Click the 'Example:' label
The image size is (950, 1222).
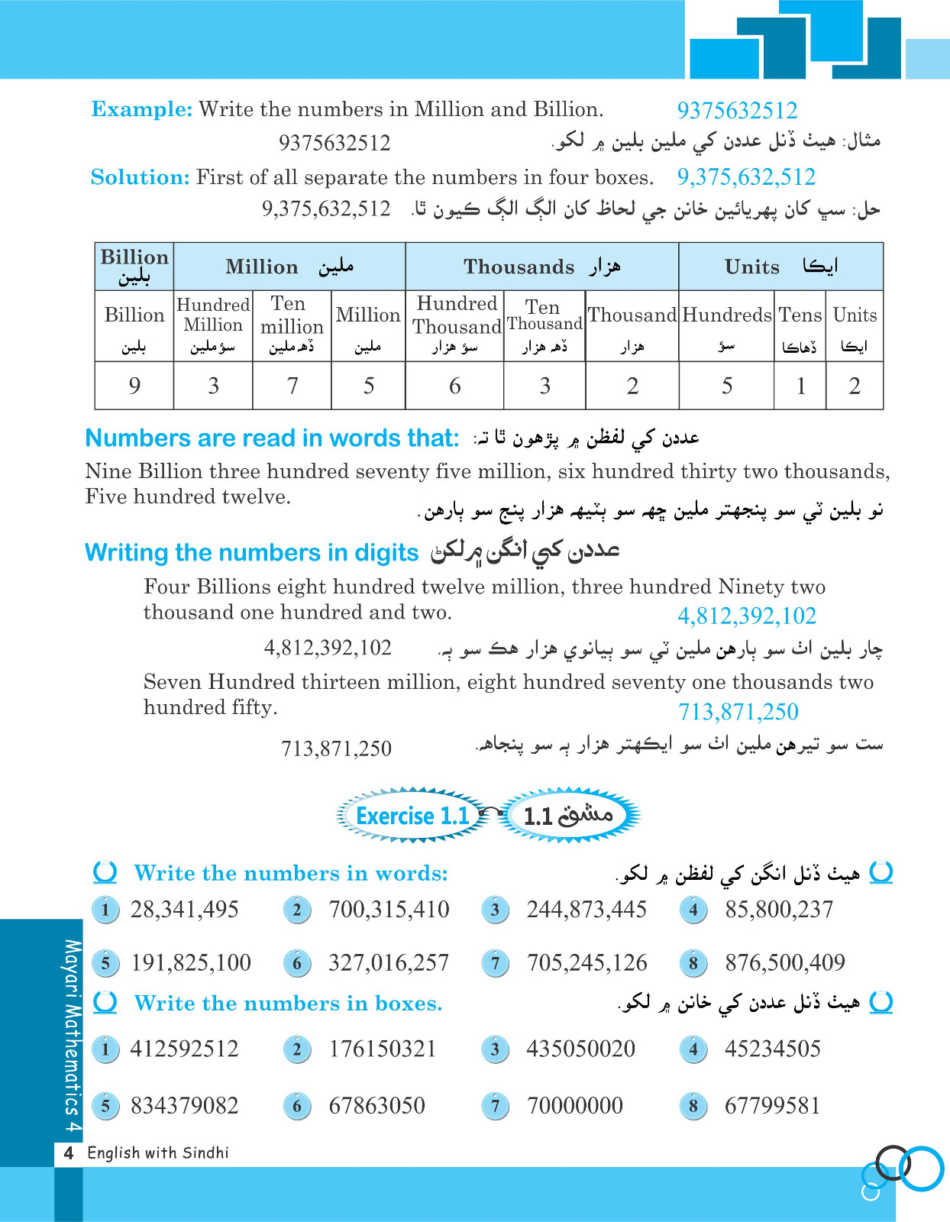[142, 109]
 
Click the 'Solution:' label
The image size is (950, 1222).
[140, 177]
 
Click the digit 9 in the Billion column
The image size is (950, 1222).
[134, 386]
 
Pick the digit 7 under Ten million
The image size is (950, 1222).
[292, 386]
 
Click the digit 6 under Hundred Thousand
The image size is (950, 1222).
[454, 386]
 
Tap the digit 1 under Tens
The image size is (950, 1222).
[800, 386]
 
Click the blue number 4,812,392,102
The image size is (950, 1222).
[747, 616]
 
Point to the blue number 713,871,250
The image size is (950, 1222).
[738, 712]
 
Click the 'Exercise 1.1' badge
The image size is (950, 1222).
[412, 816]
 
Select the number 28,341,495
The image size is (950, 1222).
[185, 909]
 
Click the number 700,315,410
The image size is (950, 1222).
[389, 909]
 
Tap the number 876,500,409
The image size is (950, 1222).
[785, 962]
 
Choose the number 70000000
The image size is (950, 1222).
[575, 1105]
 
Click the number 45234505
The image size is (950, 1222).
[772, 1049]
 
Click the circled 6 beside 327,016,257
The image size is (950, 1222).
[297, 963]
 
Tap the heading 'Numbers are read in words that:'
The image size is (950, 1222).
[272, 438]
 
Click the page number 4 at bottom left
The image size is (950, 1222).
[69, 1152]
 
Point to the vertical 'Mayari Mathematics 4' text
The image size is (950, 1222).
[71, 1035]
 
